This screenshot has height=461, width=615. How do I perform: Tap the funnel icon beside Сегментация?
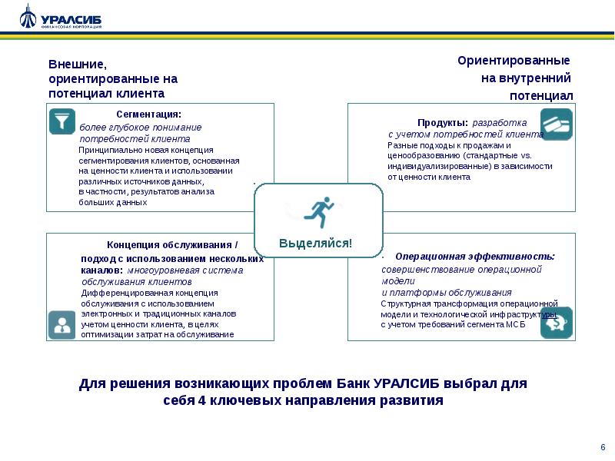pyautogui.click(x=60, y=120)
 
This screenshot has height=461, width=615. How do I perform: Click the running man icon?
pyautogui.click(x=319, y=211)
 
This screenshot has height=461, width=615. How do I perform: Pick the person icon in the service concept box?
pyautogui.click(x=61, y=324)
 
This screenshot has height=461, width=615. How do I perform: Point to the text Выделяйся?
pyautogui.click(x=315, y=243)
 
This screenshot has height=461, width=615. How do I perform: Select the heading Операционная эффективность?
pyautogui.click(x=474, y=256)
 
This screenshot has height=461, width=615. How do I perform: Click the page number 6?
pyautogui.click(x=602, y=446)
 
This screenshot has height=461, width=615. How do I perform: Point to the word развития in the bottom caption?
pyautogui.click(x=414, y=400)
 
